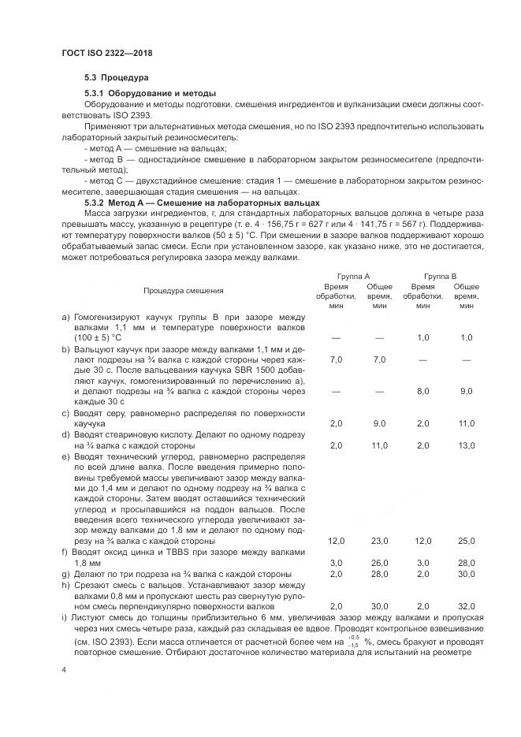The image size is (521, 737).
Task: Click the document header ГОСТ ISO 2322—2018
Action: (107, 53)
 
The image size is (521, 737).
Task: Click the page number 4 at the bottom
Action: (64, 669)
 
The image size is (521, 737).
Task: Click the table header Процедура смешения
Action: (183, 291)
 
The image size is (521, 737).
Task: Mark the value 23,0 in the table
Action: (379, 541)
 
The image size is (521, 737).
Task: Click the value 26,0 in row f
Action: (379, 562)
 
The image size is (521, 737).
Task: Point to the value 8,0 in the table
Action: (422, 390)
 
